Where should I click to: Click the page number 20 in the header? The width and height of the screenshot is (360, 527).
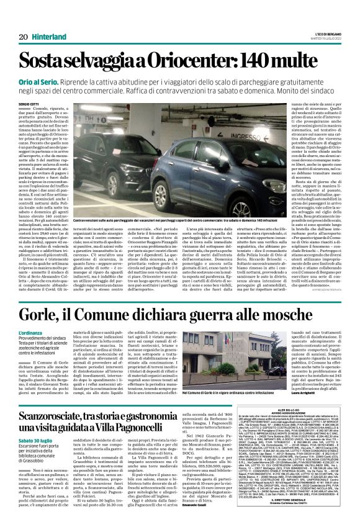pyautogui.click(x=23, y=37)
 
